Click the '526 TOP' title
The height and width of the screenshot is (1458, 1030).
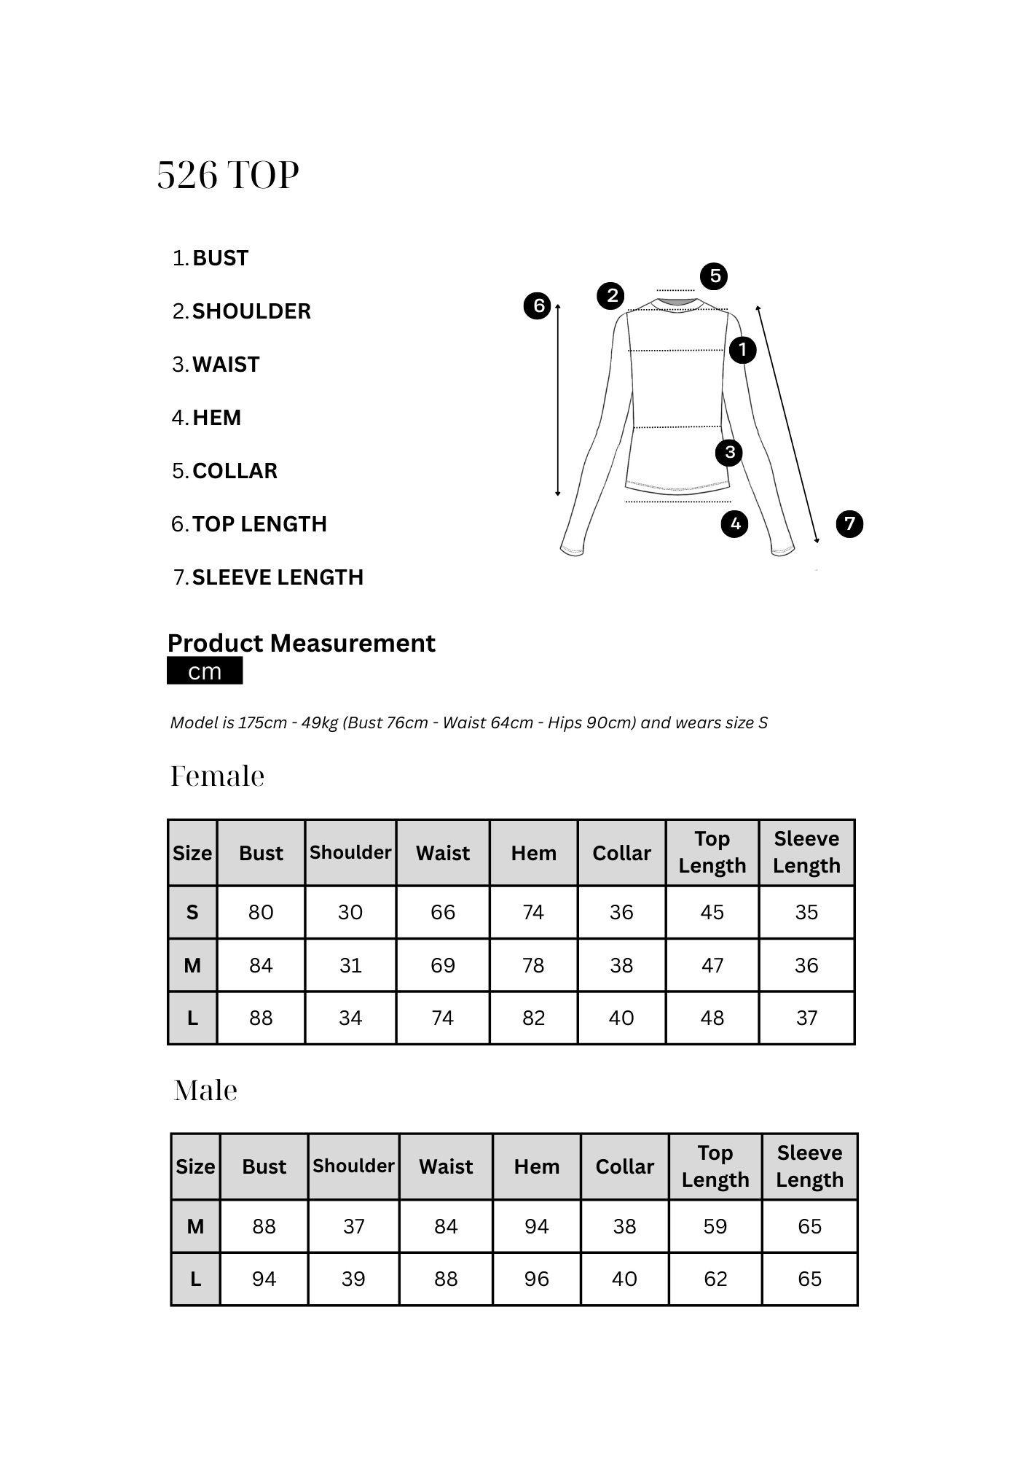click(228, 176)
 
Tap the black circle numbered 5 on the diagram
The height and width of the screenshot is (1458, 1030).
click(715, 276)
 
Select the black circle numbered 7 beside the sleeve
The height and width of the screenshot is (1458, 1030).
click(849, 523)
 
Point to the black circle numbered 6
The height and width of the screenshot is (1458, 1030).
click(538, 305)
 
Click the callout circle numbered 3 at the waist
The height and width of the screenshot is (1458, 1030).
click(729, 453)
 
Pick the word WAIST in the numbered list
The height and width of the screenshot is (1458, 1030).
click(226, 364)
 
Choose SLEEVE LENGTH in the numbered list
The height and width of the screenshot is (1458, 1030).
click(278, 577)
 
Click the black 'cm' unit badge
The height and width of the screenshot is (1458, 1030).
click(205, 671)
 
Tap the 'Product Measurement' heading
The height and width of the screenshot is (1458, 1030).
click(301, 643)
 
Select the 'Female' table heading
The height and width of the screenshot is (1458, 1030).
click(217, 776)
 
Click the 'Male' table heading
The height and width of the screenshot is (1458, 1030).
click(206, 1091)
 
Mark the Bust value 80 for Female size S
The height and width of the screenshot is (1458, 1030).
click(261, 912)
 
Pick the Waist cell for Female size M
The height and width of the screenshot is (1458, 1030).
click(443, 965)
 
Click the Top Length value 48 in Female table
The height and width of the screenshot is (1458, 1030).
click(712, 1018)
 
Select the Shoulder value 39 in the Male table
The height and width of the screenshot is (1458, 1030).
click(353, 1279)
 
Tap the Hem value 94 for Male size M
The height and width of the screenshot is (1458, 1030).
click(537, 1226)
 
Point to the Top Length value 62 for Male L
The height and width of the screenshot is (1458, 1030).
click(715, 1279)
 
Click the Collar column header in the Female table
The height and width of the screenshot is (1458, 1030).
click(621, 853)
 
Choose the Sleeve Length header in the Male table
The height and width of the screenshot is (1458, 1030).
click(809, 1166)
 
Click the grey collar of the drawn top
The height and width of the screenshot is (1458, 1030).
click(677, 302)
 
